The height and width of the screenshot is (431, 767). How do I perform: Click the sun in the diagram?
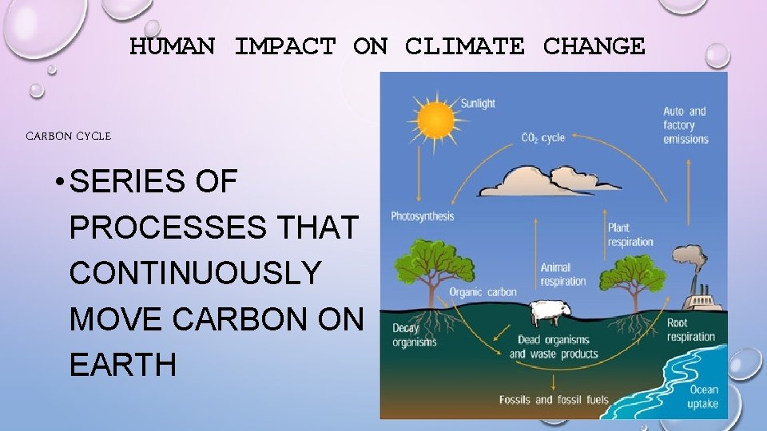434,121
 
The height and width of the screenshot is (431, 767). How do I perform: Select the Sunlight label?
478,103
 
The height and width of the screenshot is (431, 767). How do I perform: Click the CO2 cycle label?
542,138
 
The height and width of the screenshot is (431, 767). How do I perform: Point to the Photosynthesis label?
422,216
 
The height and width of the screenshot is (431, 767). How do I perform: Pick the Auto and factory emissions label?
686,125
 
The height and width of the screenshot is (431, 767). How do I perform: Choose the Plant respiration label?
630,235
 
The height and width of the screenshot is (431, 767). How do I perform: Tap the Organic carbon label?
483,292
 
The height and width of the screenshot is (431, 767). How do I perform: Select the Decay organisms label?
414,335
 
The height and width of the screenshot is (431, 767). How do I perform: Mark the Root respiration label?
691,330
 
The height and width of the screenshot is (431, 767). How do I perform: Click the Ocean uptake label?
703,397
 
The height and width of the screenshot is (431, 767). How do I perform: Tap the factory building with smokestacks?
703,295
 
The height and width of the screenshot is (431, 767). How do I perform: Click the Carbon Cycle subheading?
69,136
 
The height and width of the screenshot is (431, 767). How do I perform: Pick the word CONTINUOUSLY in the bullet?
195,273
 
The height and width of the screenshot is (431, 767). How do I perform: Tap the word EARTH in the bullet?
122,365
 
